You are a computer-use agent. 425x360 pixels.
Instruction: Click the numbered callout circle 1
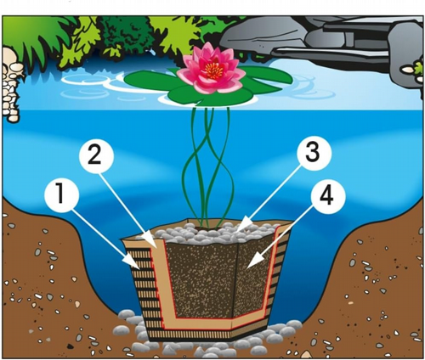(61, 195)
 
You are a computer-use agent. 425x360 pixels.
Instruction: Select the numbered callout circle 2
(97, 155)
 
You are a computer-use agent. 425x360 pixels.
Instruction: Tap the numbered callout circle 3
(314, 154)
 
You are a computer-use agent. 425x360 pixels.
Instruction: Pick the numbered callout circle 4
(328, 197)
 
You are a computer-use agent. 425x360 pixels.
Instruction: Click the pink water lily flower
(211, 68)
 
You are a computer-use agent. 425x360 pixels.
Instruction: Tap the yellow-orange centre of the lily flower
(213, 70)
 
